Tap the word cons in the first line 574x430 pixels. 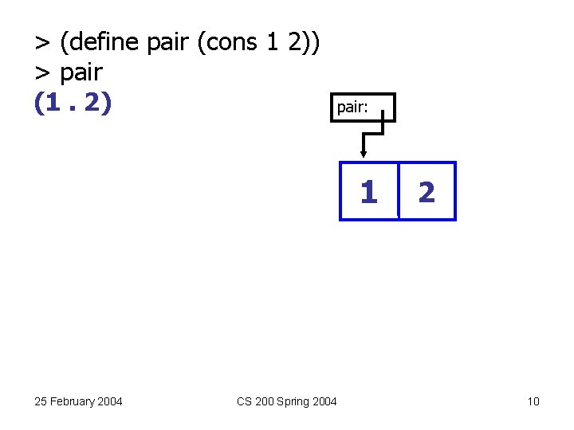tap(235, 42)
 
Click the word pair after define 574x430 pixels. tap(169, 42)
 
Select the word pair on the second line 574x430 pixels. tap(81, 72)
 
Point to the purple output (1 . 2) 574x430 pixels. tap(72, 104)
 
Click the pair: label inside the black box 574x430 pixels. tap(352, 107)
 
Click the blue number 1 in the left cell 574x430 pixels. tap(368, 192)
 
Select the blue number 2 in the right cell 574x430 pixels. tap(427, 192)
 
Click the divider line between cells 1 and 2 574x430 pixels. tap(398, 191)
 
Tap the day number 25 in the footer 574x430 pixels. tap(41, 401)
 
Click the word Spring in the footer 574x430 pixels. tap(292, 401)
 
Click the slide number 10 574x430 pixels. tap(533, 401)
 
